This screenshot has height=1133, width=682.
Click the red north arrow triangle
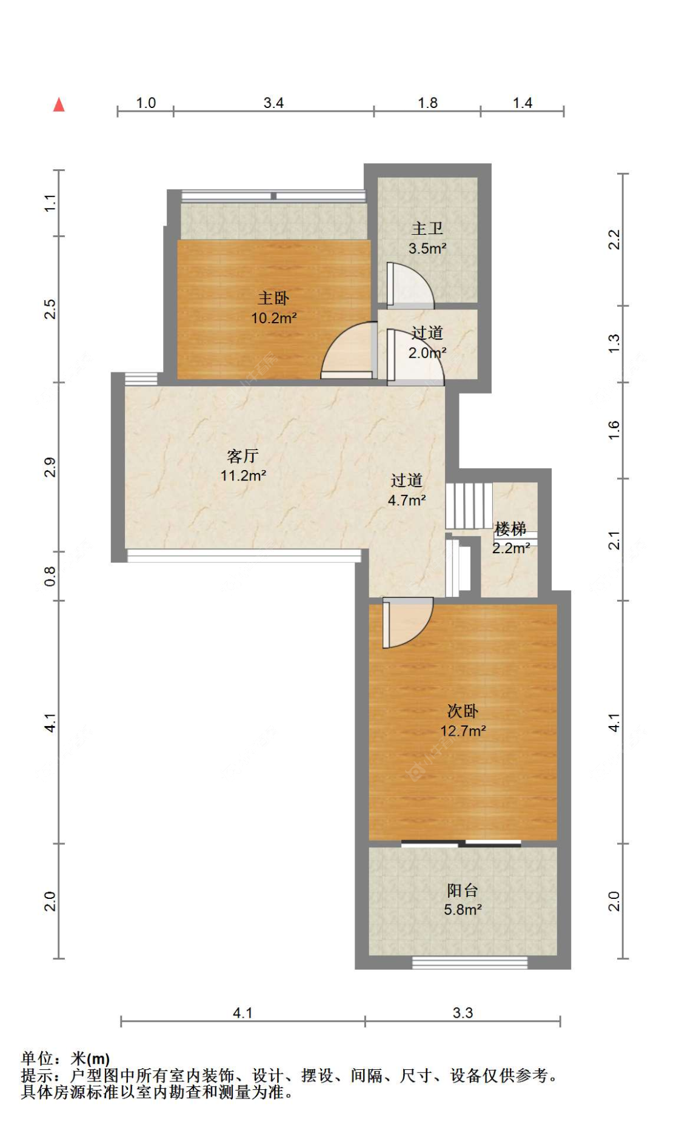(59, 105)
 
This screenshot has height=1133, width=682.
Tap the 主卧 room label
(273, 298)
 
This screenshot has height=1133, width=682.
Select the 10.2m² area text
(274, 318)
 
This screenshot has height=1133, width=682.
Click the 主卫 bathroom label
(427, 229)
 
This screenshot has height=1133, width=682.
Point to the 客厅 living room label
(243, 456)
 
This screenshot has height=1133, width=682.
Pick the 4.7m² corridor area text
(407, 500)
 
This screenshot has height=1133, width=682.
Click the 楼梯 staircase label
(510, 529)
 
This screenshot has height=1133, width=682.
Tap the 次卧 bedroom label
(463, 711)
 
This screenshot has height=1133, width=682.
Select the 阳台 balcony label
(463, 890)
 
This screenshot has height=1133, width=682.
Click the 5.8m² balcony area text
(463, 910)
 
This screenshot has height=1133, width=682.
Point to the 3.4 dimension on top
(273, 103)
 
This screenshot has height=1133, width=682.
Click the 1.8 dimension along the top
(427, 103)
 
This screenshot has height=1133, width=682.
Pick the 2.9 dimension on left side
(50, 467)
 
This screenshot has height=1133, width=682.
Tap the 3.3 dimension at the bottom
(463, 1013)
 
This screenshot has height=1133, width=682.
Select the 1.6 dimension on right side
(614, 430)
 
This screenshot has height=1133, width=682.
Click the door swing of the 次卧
(408, 622)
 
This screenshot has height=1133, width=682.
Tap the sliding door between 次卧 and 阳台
(461, 843)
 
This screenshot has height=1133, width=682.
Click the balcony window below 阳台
(470, 963)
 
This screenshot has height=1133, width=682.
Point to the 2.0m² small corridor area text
(427, 353)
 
